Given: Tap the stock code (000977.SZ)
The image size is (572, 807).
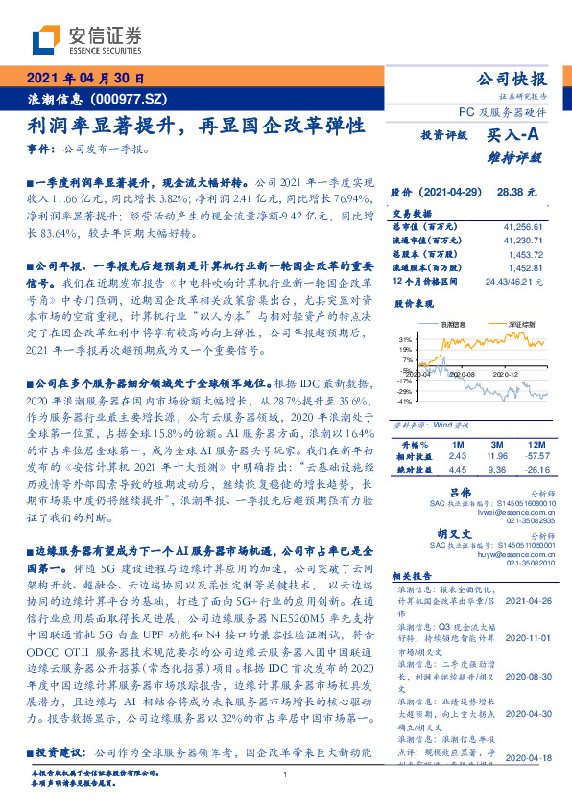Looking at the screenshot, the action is [131, 99].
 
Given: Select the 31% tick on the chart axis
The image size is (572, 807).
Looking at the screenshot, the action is [406, 339].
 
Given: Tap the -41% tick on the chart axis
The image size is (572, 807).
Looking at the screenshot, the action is [405, 401].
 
